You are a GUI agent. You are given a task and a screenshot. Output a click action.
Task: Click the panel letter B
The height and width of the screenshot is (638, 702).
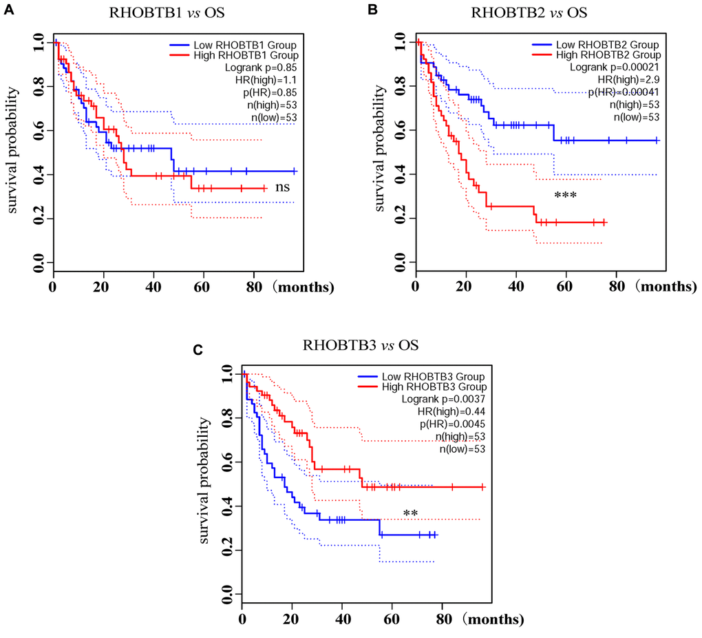pyautogui.click(x=372, y=9)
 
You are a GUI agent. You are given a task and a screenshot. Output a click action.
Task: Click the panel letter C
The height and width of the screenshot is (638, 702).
pyautogui.click(x=198, y=349)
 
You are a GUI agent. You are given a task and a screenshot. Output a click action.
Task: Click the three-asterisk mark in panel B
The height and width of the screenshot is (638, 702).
pyautogui.click(x=565, y=196)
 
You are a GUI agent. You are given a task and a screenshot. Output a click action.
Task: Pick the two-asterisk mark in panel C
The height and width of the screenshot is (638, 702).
pyautogui.click(x=411, y=513)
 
